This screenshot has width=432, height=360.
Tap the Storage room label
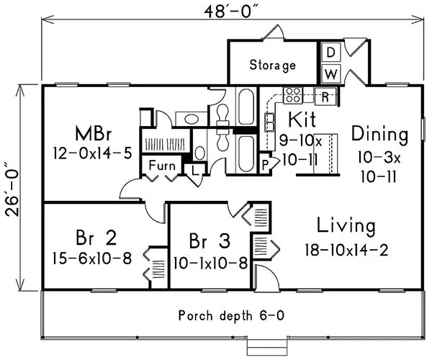click(x=273, y=66)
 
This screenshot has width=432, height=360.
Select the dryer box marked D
click(x=330, y=53)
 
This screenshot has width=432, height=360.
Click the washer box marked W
click(x=330, y=73)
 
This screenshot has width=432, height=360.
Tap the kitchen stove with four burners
click(x=293, y=94)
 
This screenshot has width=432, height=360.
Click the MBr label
click(x=96, y=135)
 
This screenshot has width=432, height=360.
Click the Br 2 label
click(x=91, y=238)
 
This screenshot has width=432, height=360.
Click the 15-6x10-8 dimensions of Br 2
click(x=91, y=257)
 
